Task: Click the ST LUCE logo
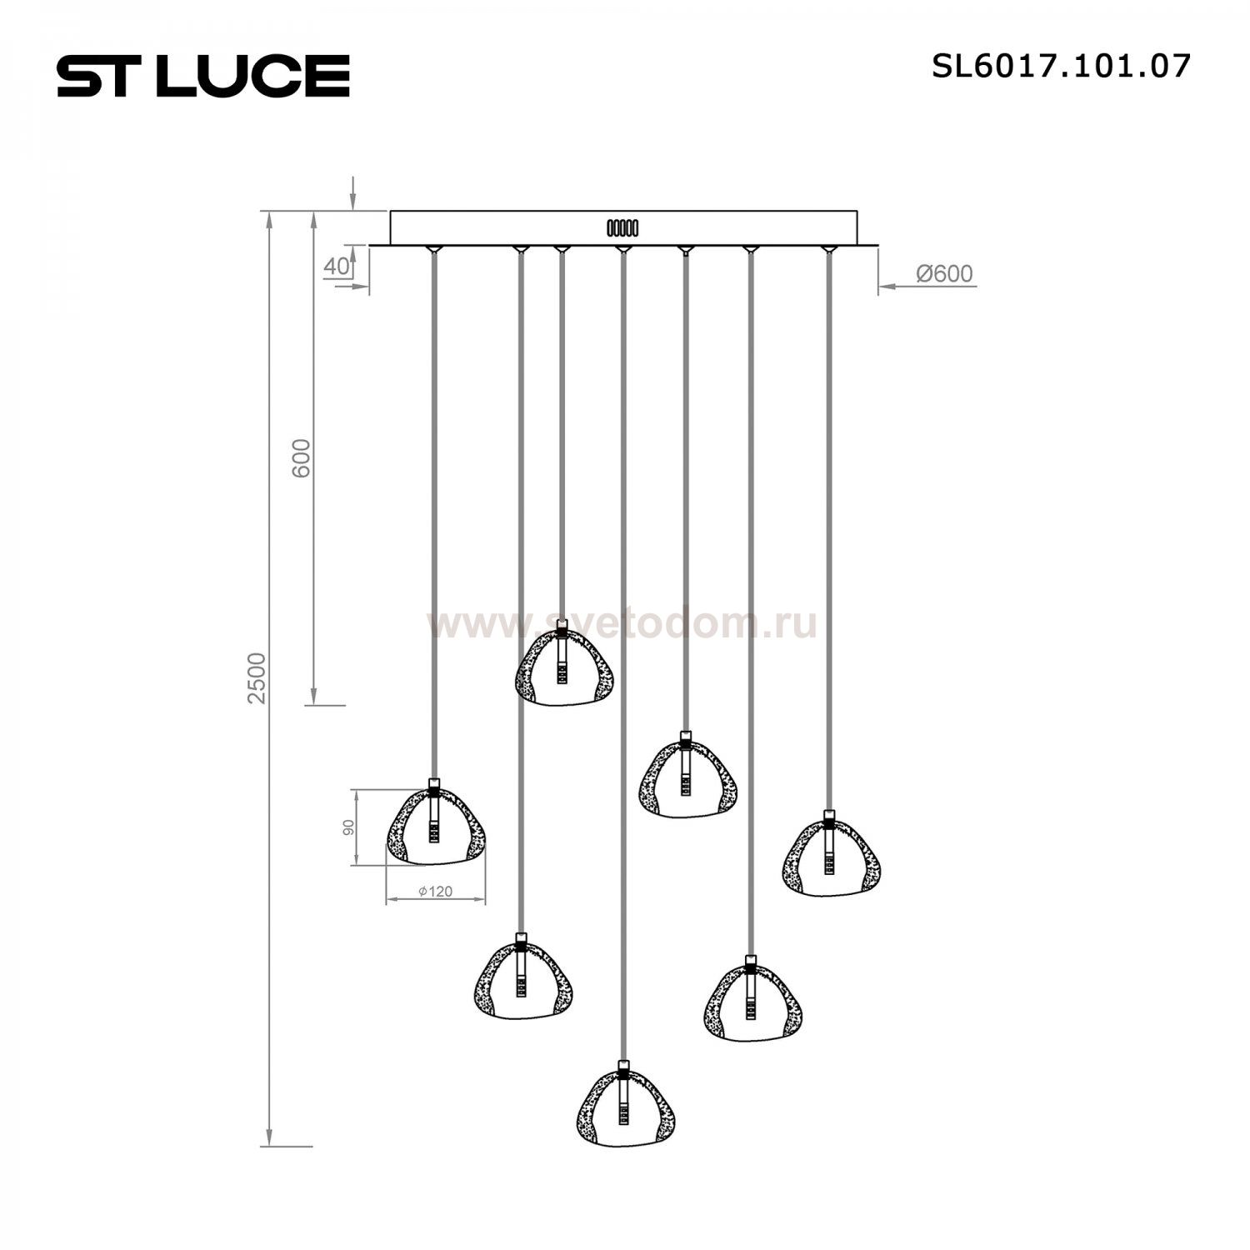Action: click(x=203, y=76)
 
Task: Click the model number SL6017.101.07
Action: click(x=1061, y=66)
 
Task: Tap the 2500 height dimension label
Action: click(x=257, y=677)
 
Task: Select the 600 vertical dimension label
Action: click(x=301, y=457)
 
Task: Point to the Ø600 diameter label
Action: click(x=944, y=273)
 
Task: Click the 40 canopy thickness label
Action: click(x=335, y=267)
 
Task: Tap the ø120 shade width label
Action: click(x=435, y=891)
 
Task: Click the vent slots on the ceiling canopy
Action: click(x=622, y=227)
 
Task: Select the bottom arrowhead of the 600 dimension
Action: click(x=313, y=696)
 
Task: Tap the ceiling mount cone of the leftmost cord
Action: click(x=432, y=249)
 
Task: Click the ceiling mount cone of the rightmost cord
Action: click(x=827, y=249)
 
